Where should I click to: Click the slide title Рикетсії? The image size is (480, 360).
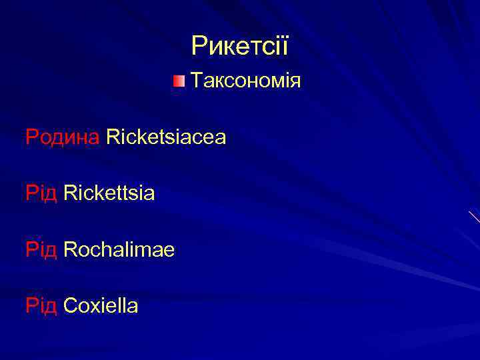[239, 46]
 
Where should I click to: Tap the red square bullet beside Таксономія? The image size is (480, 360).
[178, 81]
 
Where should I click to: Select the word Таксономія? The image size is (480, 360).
[246, 81]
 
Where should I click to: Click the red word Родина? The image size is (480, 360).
[63, 137]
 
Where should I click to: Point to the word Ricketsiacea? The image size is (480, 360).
[166, 137]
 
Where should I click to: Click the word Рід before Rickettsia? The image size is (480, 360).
[41, 193]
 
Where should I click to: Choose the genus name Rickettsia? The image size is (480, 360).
[109, 193]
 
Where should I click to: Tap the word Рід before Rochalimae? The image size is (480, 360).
[41, 250]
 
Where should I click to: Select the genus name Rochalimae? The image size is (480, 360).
[119, 250]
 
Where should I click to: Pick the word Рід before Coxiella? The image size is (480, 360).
[41, 306]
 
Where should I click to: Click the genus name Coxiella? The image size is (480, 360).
[101, 306]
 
